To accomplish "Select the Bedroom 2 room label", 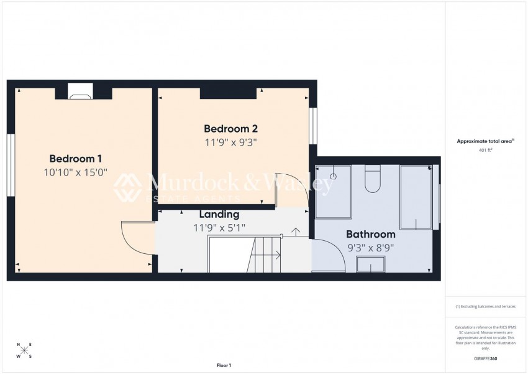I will point(230,129).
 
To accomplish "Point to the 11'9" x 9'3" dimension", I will point(230,142).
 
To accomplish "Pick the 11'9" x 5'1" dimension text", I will point(219,228).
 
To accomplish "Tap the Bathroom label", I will point(370,235).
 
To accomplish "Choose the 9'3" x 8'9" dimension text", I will point(370,247).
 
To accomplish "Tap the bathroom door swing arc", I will point(329,255).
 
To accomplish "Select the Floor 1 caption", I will point(224,365).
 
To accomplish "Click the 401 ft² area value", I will point(485,151).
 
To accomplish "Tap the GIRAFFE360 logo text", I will point(485,358).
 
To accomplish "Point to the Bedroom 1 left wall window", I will point(11,165).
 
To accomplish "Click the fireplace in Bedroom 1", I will point(80,92).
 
